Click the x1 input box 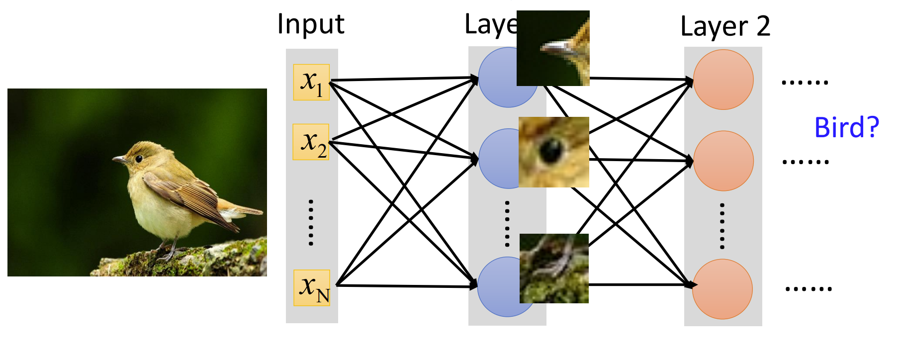[311, 82]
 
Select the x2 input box [311, 142]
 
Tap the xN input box [312, 287]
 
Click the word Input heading [311, 24]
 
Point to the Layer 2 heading [725, 26]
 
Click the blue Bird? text [846, 128]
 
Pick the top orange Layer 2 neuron [723, 80]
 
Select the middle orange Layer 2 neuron [723, 161]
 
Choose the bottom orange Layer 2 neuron [722, 289]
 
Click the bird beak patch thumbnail [553, 48]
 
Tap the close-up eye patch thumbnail [553, 152]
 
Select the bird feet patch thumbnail [554, 269]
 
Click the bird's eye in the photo [138, 159]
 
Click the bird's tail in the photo [244, 209]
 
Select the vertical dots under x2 [311, 222]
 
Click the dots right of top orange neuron [805, 82]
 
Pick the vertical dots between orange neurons [722, 226]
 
